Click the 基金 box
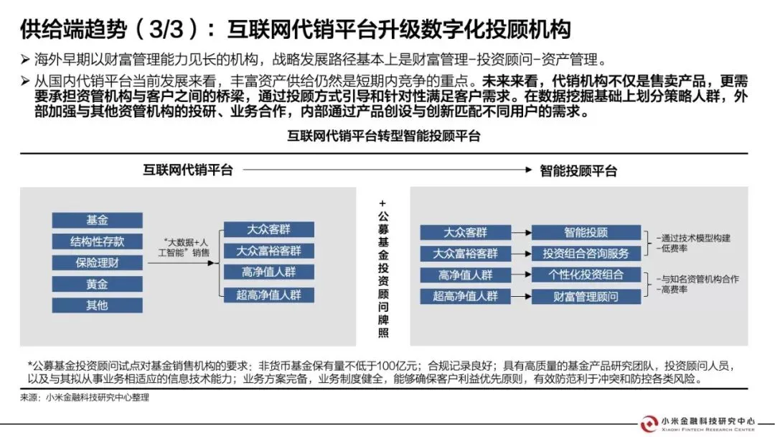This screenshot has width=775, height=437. (98, 219)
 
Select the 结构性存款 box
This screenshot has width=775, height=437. (98, 241)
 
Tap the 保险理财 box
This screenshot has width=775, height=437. (98, 262)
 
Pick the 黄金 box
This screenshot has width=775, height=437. (98, 284)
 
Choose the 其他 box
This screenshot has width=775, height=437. (98, 305)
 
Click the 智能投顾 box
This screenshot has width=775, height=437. (586, 232)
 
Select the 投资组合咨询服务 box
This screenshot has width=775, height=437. (586, 254)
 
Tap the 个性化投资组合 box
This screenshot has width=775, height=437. (586, 275)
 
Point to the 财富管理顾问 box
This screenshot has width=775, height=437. (586, 296)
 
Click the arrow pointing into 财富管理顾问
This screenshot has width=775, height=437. (521, 296)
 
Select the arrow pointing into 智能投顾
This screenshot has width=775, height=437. (521, 232)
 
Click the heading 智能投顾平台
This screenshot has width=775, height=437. (578, 171)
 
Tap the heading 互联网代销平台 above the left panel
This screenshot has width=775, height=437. (187, 170)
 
